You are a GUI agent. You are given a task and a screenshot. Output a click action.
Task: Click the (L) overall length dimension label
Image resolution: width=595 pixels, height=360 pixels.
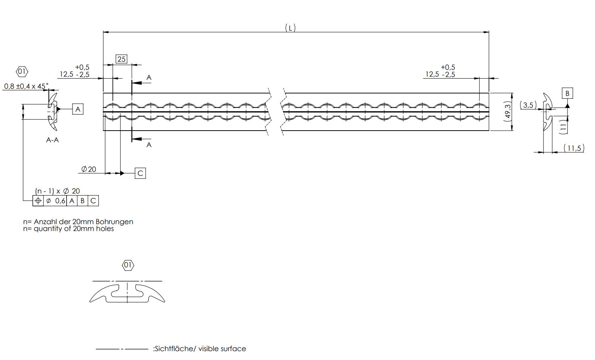[290, 28]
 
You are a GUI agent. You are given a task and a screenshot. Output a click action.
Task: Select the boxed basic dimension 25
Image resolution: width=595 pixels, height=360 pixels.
[121, 59]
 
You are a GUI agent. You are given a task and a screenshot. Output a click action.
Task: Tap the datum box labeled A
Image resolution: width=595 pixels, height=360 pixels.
[78, 109]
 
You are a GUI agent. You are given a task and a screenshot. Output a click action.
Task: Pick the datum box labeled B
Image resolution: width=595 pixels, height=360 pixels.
[567, 93]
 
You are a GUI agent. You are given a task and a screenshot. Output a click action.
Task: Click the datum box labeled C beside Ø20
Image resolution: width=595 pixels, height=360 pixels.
[140, 173]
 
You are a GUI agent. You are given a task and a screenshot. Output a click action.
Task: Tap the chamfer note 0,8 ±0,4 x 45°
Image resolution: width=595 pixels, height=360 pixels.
[26, 86]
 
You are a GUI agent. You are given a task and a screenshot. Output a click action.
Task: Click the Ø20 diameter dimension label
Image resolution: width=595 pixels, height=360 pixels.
[89, 169]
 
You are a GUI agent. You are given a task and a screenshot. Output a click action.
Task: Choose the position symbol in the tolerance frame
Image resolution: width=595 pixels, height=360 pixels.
[38, 201]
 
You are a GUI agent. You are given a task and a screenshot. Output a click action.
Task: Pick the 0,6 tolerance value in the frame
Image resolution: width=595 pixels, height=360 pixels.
[60, 201]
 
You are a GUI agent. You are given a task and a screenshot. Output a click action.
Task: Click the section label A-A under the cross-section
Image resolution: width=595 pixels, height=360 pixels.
[52, 140]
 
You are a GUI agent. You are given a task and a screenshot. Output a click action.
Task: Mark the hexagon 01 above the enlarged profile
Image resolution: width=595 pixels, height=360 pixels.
[128, 265]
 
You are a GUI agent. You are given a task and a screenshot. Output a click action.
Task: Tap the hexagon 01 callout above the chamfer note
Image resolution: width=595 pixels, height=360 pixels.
[22, 71]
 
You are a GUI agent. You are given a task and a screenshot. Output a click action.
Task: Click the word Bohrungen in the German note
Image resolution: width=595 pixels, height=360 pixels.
[114, 222]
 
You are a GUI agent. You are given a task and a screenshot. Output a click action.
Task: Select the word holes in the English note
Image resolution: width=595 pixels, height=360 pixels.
[105, 229]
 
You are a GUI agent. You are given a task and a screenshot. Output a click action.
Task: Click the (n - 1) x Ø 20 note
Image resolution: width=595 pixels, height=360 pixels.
[57, 191]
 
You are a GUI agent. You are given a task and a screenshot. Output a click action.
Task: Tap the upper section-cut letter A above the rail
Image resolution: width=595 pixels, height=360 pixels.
[149, 77]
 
